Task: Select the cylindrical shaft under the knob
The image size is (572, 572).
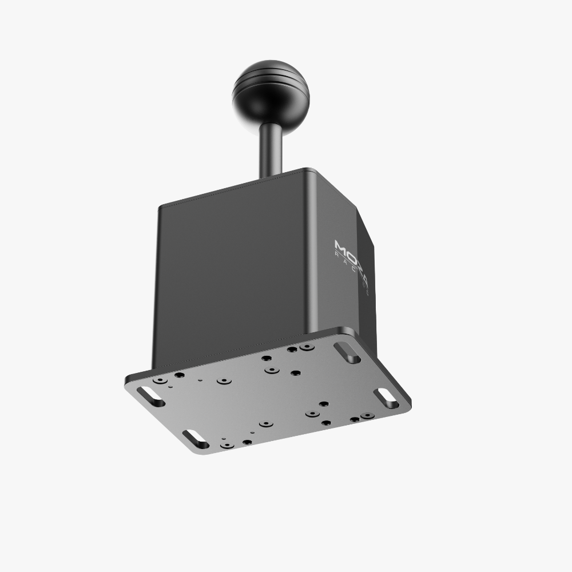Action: coord(268,149)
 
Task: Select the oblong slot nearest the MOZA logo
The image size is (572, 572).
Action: coord(347,352)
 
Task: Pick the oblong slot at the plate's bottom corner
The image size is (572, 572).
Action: coord(196,438)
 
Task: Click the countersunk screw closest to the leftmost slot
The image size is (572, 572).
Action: coord(160,380)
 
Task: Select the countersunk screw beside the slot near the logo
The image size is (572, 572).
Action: coord(307,347)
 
